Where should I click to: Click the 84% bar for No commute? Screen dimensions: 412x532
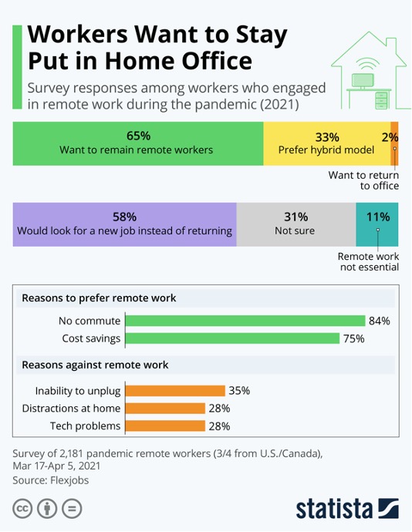coord(245,321)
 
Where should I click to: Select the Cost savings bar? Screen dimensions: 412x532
coord(232,338)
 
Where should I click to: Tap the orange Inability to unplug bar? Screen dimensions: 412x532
coord(175,390)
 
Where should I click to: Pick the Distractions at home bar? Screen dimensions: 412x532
coord(165,408)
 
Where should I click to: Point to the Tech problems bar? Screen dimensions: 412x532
coord(165,426)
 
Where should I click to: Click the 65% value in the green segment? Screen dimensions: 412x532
coord(138,136)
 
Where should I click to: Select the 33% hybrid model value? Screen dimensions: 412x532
coord(327,137)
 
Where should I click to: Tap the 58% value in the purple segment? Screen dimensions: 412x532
coord(125,217)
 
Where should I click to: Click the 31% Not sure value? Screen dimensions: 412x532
coord(295,217)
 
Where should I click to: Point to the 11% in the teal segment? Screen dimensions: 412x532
coord(378,217)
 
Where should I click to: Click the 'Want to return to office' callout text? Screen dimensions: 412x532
coord(363,180)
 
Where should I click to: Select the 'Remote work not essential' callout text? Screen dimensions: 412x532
coord(368,261)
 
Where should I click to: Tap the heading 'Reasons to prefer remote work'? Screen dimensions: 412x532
coord(99,298)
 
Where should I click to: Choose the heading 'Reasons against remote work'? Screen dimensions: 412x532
coord(95,365)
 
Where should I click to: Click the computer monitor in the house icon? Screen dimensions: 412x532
coord(363,81)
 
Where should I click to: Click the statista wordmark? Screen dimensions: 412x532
coord(347,509)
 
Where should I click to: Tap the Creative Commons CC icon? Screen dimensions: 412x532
coord(22,509)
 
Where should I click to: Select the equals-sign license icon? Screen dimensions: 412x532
coord(72,509)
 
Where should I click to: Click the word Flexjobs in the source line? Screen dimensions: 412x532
coord(69,480)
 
